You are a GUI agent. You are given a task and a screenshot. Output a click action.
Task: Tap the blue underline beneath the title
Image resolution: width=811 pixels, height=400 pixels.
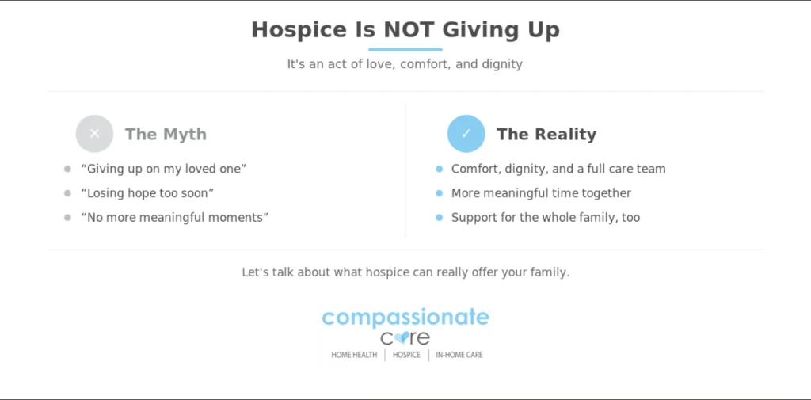[405, 50]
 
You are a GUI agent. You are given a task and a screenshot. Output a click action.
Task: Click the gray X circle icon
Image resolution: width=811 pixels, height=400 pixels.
[94, 134]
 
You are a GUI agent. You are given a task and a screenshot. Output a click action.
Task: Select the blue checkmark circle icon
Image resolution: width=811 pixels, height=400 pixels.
[466, 134]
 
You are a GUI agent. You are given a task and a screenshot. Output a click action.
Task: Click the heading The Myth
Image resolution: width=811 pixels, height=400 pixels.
[166, 135]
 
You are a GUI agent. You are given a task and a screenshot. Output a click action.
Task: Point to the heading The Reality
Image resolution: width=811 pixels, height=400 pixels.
[546, 135]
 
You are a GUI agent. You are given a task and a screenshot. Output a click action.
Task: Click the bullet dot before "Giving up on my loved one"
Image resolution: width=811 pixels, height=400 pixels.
[67, 169]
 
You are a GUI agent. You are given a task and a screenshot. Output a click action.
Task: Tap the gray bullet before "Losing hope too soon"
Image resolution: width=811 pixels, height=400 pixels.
[67, 193]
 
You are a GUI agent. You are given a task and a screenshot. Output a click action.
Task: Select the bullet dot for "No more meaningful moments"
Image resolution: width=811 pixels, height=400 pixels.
[67, 217]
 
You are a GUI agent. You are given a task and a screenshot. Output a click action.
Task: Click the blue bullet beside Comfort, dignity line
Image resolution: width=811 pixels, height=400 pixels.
[439, 169]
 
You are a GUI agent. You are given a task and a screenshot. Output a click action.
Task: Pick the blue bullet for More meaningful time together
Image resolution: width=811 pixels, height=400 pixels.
[439, 193]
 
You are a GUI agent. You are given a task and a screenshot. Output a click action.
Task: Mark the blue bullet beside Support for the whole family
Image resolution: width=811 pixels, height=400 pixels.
[439, 217]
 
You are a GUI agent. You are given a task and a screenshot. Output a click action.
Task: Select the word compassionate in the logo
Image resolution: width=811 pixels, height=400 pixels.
[405, 317]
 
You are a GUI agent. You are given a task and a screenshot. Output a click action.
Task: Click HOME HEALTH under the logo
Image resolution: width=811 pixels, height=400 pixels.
[354, 355]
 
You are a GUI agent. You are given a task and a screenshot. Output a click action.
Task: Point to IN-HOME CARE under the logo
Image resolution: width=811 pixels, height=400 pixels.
[459, 355]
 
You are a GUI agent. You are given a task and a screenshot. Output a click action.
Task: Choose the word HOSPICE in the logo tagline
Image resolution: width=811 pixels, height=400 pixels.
[406, 355]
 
